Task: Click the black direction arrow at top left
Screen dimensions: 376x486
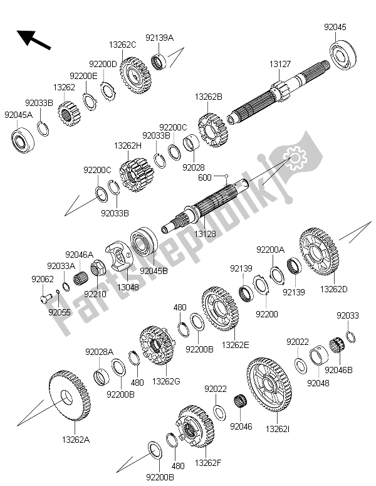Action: pos(33,40)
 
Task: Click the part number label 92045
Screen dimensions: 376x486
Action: pos(335,27)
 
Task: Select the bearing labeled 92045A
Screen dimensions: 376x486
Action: pos(23,140)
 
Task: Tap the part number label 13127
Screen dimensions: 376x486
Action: pos(280,64)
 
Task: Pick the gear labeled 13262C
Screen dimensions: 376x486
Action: pos(135,76)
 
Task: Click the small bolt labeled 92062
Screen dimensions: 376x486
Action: pos(44,298)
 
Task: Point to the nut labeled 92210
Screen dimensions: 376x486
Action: pos(98,268)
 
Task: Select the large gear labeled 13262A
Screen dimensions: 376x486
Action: pos(70,395)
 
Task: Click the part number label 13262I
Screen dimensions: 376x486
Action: pos(278,429)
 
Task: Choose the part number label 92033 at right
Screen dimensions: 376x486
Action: pos(348,315)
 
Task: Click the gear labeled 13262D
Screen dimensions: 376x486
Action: pos(319,252)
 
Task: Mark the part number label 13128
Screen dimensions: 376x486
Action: pos(205,234)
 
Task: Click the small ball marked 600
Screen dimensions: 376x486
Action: pos(226,176)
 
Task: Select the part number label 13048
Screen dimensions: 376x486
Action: pos(128,287)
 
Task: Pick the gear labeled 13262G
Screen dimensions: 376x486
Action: pos(157,346)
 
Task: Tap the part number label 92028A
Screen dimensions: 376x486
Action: pos(100,352)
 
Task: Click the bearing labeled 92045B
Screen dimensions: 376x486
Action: pos(144,243)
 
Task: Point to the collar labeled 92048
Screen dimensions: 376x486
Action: pos(320,354)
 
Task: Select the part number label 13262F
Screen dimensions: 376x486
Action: pos(208,463)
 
